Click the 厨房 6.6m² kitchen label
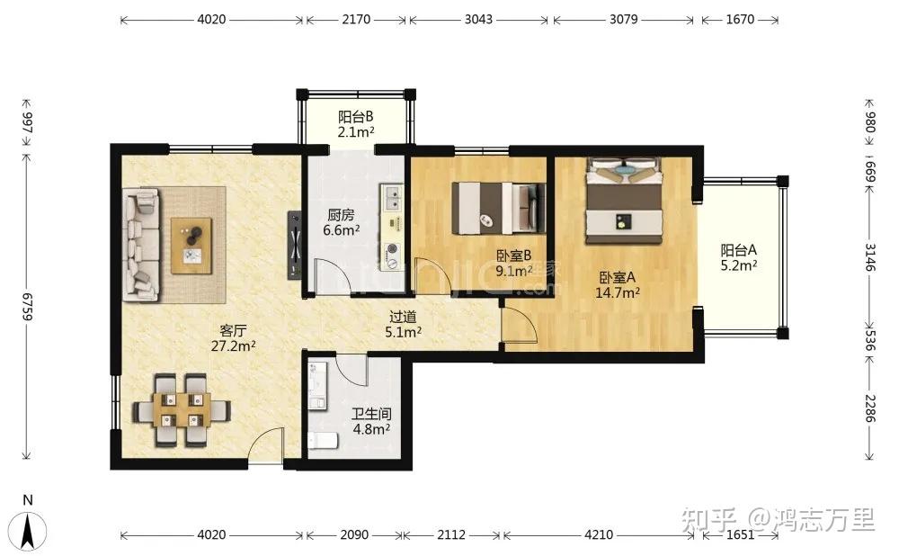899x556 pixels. click(x=341, y=222)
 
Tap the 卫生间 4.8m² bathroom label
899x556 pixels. click(x=371, y=421)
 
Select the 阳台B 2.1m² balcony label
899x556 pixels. click(x=355, y=124)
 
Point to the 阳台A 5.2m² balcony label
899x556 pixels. click(x=739, y=257)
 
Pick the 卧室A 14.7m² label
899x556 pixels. click(x=618, y=285)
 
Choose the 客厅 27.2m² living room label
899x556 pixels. click(x=234, y=338)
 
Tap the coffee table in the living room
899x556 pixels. click(x=191, y=246)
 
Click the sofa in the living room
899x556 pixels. click(x=141, y=245)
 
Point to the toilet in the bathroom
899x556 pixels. click(x=323, y=441)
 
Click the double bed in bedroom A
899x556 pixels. click(x=623, y=201)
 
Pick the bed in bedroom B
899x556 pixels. click(x=498, y=208)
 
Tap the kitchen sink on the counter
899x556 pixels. click(x=393, y=198)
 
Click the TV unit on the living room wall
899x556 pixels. click(x=295, y=245)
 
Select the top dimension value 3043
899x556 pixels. click(x=478, y=19)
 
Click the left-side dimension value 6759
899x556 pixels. click(x=27, y=307)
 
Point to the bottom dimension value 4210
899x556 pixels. click(x=599, y=534)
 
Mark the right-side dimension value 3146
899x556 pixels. click(x=870, y=257)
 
